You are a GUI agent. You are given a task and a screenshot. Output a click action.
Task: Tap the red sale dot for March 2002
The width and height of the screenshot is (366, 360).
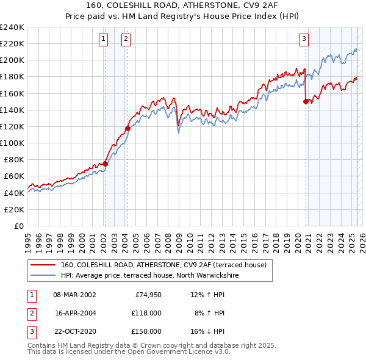(105, 164)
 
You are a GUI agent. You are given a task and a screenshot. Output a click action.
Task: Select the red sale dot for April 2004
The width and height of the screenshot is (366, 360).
(128, 128)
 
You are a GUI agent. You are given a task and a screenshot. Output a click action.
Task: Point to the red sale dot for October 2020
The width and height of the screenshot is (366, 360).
(306, 102)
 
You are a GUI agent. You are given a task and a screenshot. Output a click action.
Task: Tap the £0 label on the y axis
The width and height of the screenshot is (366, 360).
(18, 226)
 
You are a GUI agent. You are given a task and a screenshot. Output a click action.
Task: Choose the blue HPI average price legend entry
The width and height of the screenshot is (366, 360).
(149, 276)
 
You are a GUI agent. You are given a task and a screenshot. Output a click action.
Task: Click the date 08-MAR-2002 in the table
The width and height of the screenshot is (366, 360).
(75, 295)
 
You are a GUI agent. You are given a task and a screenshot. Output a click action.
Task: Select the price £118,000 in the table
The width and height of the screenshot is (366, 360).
(147, 313)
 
